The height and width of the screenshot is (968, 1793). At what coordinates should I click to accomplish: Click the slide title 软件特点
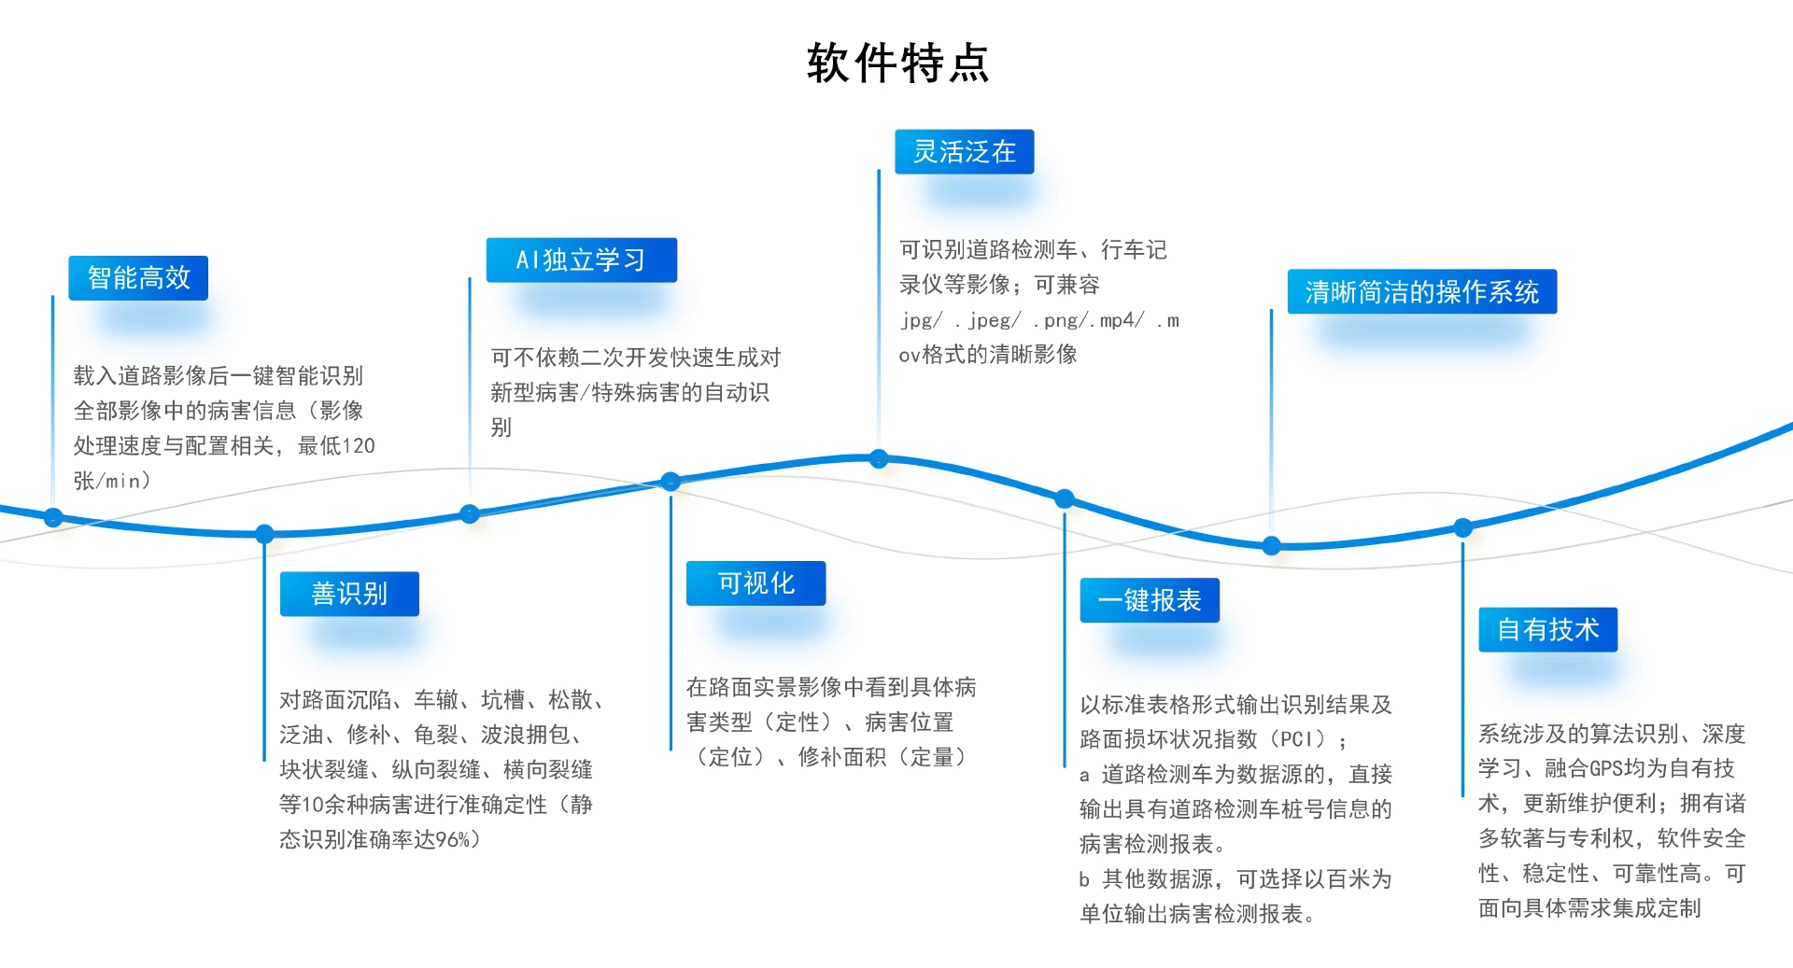click(x=897, y=63)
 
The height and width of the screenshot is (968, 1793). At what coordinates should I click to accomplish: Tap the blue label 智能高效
click(x=138, y=278)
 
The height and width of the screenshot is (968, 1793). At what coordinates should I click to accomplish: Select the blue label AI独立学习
click(x=581, y=260)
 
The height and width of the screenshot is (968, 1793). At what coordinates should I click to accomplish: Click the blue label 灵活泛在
click(x=964, y=152)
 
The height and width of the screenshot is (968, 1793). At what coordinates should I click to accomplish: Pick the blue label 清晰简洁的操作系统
click(x=1421, y=292)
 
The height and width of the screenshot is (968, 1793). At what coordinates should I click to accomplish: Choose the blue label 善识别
click(x=349, y=594)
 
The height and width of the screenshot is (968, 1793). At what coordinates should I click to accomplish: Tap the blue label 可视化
click(x=755, y=583)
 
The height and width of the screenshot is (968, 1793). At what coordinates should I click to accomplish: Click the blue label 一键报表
click(x=1149, y=600)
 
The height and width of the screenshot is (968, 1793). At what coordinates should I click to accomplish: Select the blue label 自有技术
click(x=1547, y=630)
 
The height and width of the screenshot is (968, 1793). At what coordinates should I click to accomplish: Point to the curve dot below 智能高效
click(x=53, y=517)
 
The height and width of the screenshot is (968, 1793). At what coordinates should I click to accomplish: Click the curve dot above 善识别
click(x=265, y=534)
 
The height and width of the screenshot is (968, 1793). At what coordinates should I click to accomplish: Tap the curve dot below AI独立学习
click(x=470, y=513)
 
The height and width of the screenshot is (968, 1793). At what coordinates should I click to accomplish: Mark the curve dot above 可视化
click(x=671, y=482)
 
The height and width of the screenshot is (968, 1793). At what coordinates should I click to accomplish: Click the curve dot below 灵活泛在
click(x=879, y=458)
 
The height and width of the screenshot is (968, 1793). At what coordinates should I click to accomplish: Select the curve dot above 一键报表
click(x=1065, y=498)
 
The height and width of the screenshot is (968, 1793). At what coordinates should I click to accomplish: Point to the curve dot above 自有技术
click(x=1463, y=527)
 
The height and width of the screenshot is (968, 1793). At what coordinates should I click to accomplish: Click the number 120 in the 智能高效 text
click(x=359, y=446)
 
